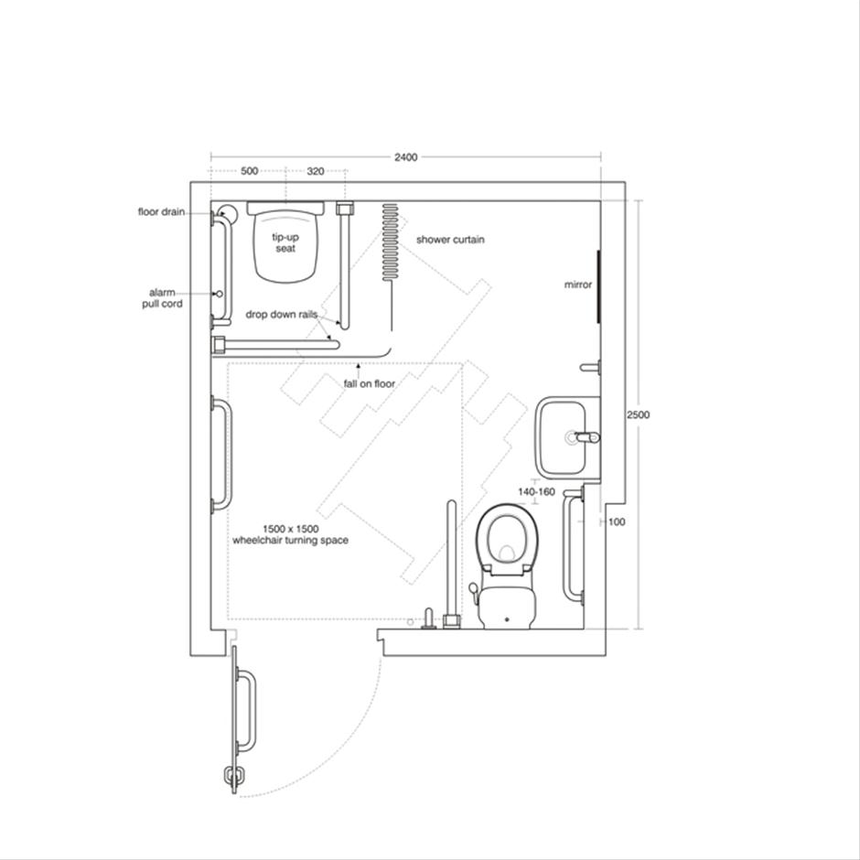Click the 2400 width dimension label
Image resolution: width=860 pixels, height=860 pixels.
click(x=406, y=157)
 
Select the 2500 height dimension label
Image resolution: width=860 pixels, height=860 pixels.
click(x=638, y=414)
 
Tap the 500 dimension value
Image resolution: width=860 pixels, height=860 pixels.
click(x=249, y=171)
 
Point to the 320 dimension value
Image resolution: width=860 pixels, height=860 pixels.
click(x=315, y=171)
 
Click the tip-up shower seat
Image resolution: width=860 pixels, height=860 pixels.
click(x=286, y=242)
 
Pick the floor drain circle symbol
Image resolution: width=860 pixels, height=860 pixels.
click(x=227, y=213)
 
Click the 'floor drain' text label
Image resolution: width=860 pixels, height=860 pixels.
click(x=161, y=211)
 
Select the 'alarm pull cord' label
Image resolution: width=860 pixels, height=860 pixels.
click(x=160, y=298)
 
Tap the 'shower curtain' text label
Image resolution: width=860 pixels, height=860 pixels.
click(x=450, y=240)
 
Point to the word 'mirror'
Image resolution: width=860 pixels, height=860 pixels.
click(x=578, y=285)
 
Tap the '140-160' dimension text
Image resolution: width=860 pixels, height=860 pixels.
click(x=536, y=491)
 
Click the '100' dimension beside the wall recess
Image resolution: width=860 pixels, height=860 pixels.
click(x=617, y=521)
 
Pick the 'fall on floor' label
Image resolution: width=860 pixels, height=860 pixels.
click(x=370, y=383)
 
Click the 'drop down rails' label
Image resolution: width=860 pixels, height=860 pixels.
click(x=281, y=314)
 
